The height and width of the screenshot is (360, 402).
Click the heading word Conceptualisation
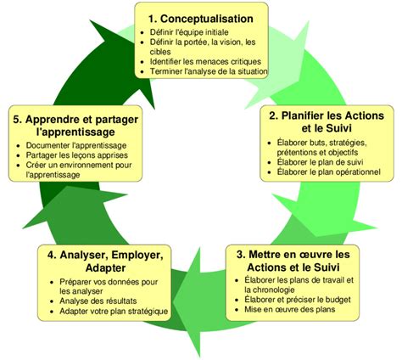coord(207,19)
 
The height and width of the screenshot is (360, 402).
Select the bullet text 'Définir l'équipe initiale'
coord(189,32)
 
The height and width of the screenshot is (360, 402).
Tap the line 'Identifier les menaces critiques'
coord(205,61)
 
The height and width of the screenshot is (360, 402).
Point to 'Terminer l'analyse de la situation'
coord(209,71)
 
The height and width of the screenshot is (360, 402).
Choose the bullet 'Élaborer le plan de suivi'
coord(320,162)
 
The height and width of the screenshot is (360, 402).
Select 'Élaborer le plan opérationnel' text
coord(328,172)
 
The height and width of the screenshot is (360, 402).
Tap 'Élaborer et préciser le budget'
coord(298,300)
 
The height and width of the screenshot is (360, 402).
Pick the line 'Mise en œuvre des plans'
coord(290,309)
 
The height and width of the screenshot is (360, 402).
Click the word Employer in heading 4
coord(137,256)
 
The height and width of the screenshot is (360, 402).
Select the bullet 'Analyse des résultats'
coord(98,301)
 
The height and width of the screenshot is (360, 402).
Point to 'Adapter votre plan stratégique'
coord(114,312)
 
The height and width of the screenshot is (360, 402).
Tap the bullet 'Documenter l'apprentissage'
coord(76,145)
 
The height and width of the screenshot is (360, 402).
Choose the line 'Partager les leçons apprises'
coord(77,155)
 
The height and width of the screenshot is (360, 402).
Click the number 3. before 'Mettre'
coord(241,255)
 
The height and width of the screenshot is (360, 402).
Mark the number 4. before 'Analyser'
coord(52,255)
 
